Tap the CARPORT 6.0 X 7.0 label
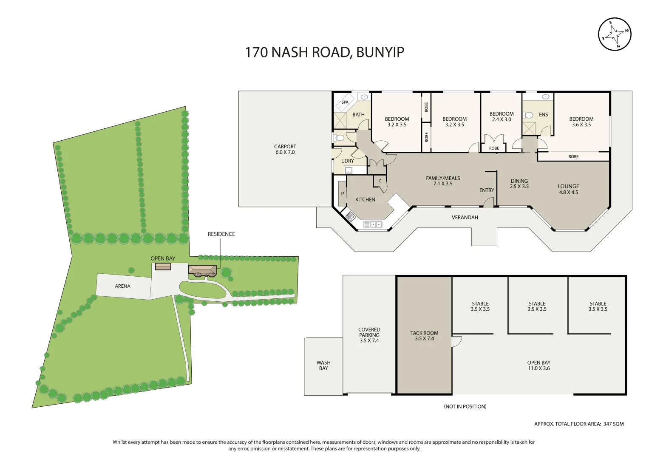click(285, 149)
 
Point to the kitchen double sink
click(373, 224)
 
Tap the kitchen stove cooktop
click(350, 216)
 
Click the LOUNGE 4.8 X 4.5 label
click(568, 189)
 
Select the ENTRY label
click(487, 190)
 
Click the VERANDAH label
click(465, 217)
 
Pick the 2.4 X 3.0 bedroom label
click(502, 116)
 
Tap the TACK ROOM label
click(425, 333)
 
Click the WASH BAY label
click(323, 365)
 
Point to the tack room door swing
click(456, 341)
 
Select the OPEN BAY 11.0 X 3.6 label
click(539, 365)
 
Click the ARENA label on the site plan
click(122, 286)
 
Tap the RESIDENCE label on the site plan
click(221, 234)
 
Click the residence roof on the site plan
click(203, 270)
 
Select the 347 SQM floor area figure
click(614, 424)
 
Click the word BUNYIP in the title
click(380, 52)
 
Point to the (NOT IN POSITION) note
click(465, 407)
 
